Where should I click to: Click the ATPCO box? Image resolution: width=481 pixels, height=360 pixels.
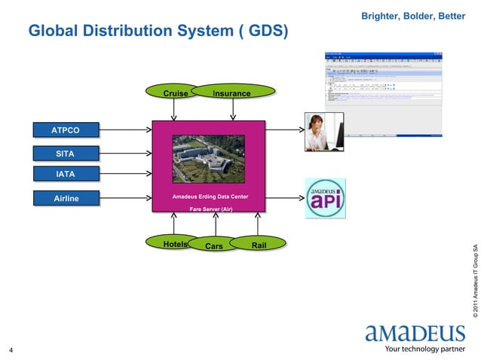[x=66, y=130]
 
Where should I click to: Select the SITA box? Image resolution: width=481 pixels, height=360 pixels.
[x=66, y=154]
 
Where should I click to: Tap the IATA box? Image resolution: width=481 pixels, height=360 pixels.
[x=66, y=175]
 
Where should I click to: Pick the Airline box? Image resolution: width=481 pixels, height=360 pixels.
[x=66, y=199]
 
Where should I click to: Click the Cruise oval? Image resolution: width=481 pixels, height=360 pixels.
[x=175, y=93]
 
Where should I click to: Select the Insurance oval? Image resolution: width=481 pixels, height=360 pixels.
[x=231, y=93]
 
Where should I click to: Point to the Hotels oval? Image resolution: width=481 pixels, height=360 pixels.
[x=175, y=244]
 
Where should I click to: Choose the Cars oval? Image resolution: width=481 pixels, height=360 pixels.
[x=214, y=246]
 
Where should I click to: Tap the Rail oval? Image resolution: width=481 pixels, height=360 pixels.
[x=259, y=244]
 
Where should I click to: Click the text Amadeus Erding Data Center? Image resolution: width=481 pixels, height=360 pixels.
[x=209, y=197]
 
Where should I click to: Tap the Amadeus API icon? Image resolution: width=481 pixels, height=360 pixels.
[x=325, y=199]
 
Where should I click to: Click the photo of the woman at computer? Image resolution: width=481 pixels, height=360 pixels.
[x=323, y=131]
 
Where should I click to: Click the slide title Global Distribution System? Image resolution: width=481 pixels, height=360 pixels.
[x=158, y=32]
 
